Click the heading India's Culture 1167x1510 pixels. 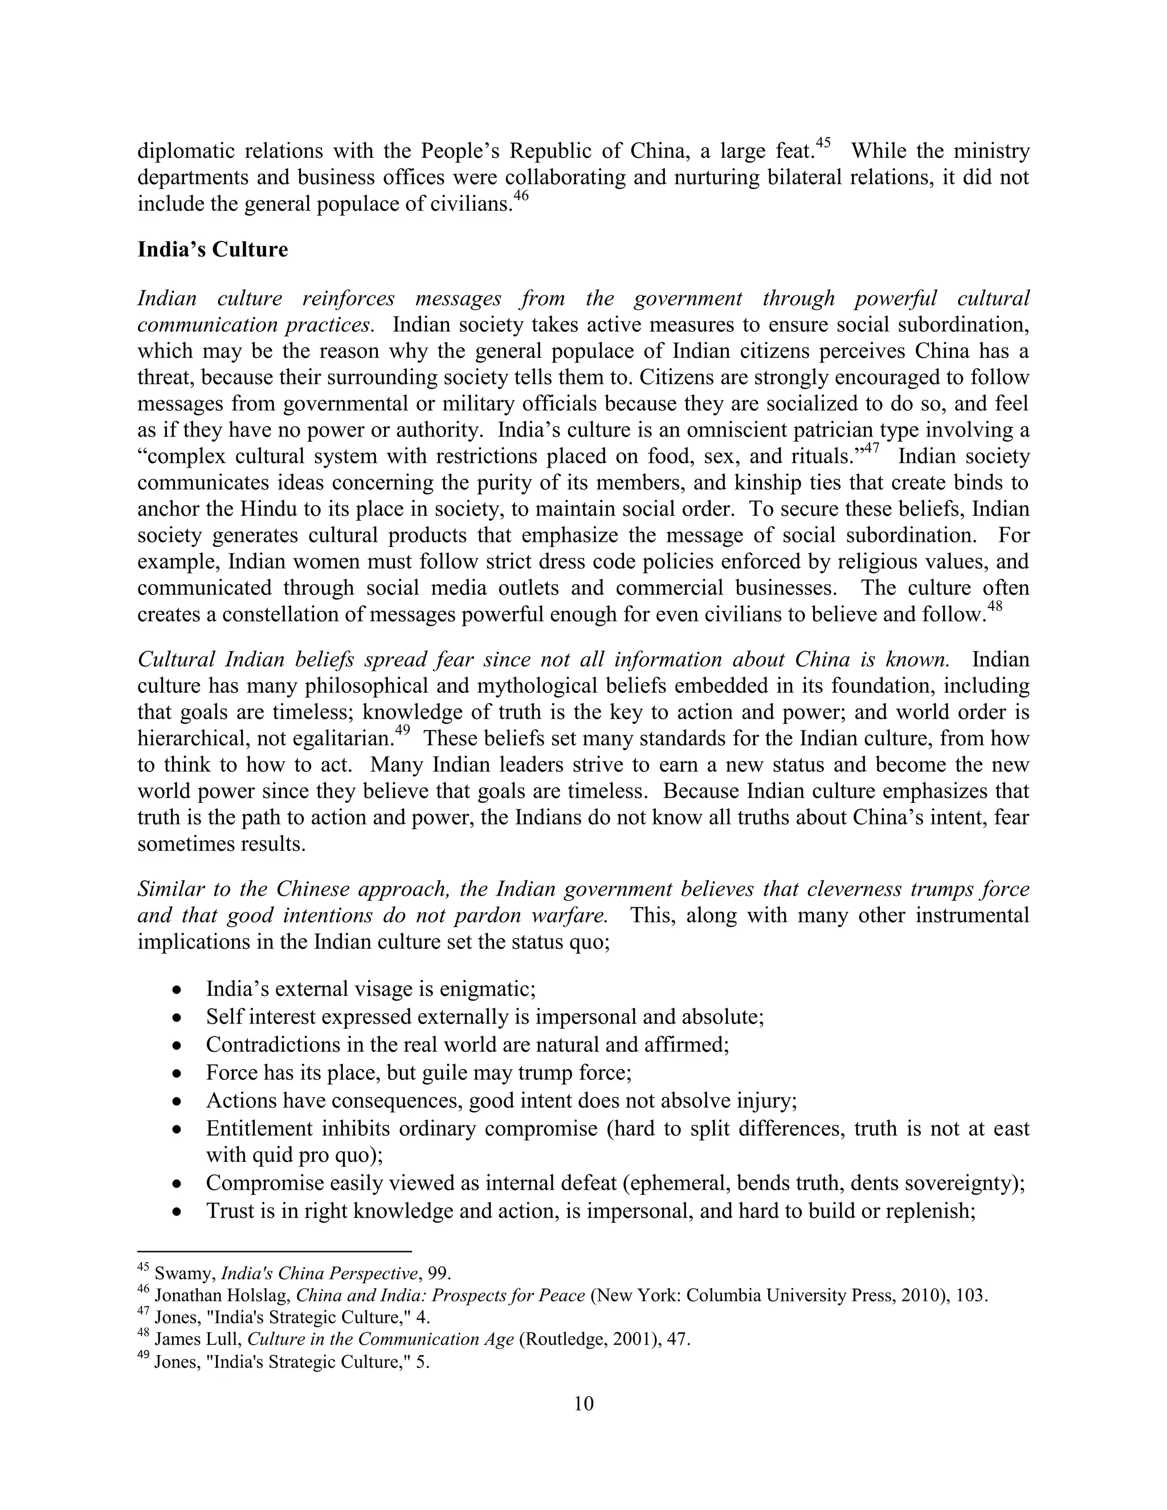(x=212, y=250)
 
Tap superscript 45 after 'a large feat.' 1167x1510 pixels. (x=823, y=143)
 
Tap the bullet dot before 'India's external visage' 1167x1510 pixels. (x=178, y=991)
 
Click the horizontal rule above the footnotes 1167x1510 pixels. (x=275, y=1251)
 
